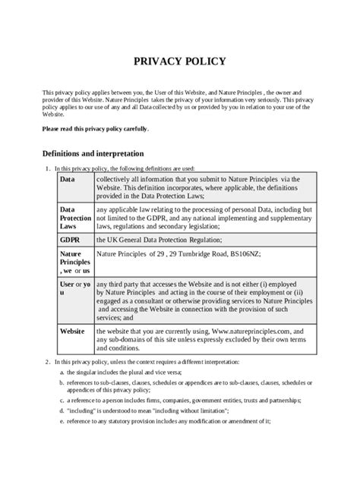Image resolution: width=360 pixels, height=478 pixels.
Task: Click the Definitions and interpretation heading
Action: (x=92, y=153)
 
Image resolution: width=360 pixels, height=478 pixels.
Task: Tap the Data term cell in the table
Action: (x=68, y=180)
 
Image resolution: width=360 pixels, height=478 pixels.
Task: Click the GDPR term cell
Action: (x=70, y=239)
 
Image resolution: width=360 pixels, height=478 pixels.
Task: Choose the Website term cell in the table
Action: (x=73, y=332)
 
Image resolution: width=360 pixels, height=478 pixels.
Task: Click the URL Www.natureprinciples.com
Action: (x=243, y=332)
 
